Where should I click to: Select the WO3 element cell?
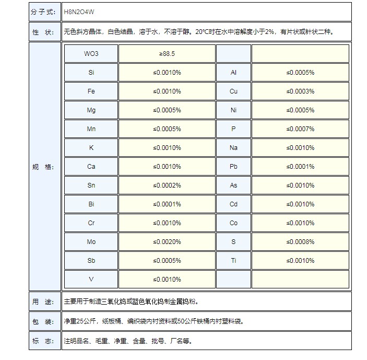(x=91, y=54)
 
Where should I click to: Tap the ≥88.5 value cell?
(x=167, y=54)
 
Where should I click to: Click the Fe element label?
(x=91, y=91)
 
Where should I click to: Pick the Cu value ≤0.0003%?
(x=300, y=91)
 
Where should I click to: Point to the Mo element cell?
(x=91, y=242)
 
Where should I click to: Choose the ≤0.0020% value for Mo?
(x=167, y=242)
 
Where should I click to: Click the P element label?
(x=233, y=129)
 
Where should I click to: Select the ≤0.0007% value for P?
(x=300, y=129)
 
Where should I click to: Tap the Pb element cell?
(x=233, y=167)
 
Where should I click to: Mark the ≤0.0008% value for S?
(x=300, y=242)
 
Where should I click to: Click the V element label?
(x=91, y=280)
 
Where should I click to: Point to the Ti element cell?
(x=233, y=261)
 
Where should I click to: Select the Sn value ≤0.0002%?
(x=167, y=185)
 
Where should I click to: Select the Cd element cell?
(x=233, y=204)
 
